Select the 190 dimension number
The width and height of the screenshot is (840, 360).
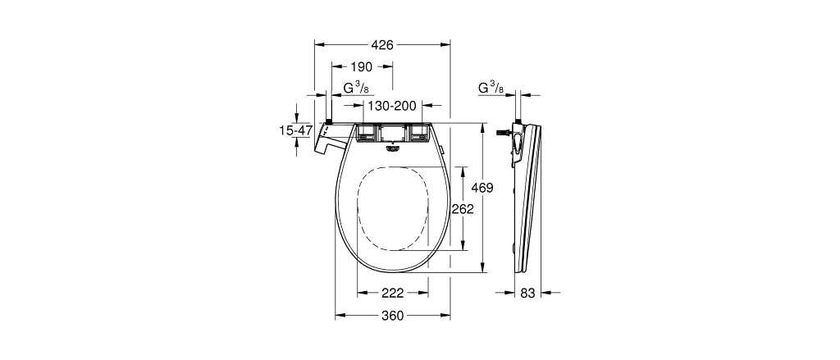361,66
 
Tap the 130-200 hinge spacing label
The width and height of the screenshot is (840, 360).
392,106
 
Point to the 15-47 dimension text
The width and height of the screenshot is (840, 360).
294,130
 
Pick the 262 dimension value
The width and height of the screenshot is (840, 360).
463,209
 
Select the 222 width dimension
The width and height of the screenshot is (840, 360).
392,293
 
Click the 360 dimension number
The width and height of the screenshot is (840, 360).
392,316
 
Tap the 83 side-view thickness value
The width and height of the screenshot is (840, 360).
527,293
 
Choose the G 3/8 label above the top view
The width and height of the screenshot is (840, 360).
355,88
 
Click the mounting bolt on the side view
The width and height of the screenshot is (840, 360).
503,131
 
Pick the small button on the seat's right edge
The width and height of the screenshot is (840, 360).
443,150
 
